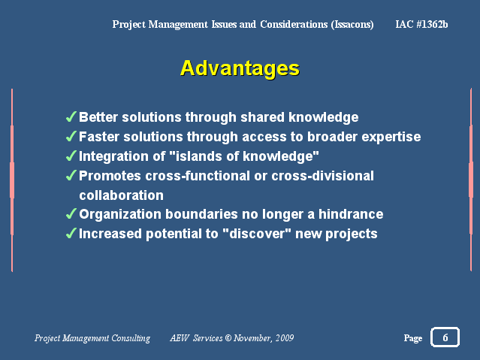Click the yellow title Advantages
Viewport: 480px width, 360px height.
click(240, 68)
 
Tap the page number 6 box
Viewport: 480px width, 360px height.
click(445, 337)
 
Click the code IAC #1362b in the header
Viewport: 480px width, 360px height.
click(421, 24)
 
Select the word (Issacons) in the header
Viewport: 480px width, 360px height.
click(352, 25)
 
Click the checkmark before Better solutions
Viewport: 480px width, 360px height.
click(71, 116)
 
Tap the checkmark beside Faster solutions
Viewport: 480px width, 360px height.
click(71, 136)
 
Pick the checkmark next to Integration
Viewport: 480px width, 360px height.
click(71, 156)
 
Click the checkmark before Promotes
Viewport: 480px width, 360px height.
click(71, 176)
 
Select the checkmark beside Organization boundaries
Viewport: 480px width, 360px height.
click(71, 214)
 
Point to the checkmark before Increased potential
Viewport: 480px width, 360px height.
click(71, 234)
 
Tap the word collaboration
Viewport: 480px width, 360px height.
click(121, 195)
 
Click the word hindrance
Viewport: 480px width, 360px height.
click(351, 214)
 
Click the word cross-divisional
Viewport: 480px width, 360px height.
click(323, 176)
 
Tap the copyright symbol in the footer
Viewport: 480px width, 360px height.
click(228, 337)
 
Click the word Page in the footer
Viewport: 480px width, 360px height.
click(413, 338)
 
